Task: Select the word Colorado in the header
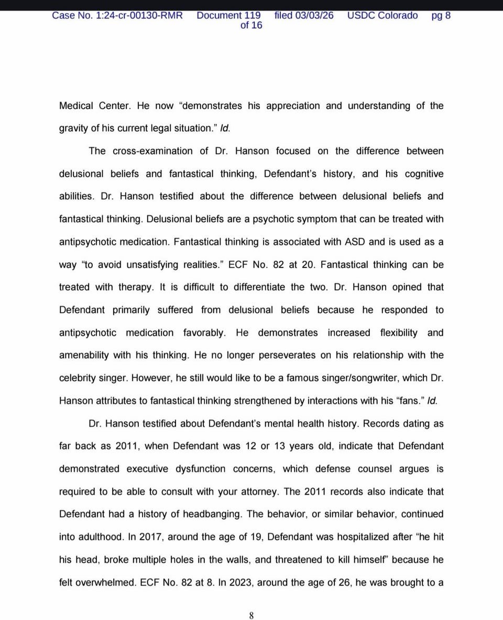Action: (x=398, y=15)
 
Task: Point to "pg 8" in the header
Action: (x=441, y=15)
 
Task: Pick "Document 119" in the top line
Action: (x=228, y=15)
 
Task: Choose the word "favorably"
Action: (x=204, y=333)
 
